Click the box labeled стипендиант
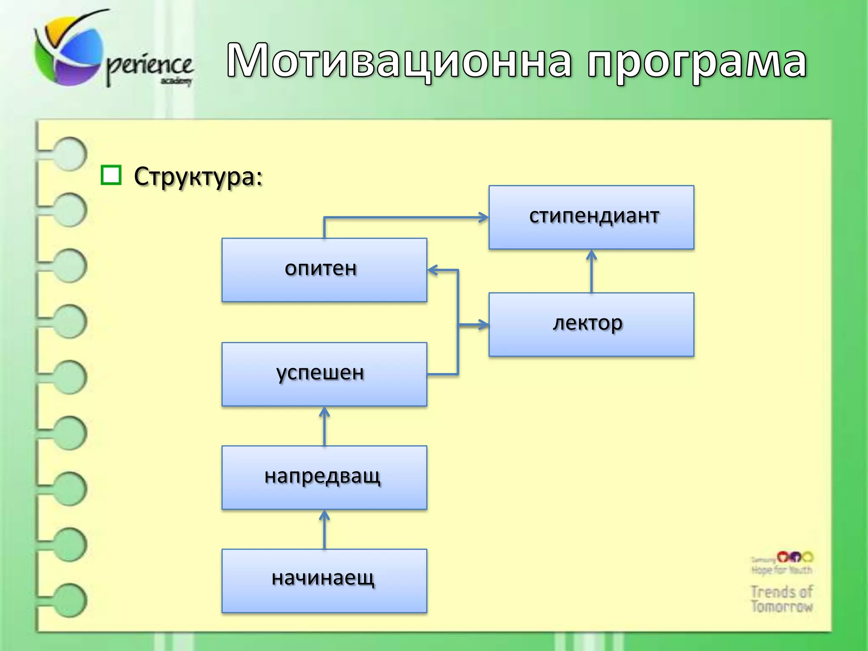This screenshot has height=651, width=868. pyautogui.click(x=591, y=217)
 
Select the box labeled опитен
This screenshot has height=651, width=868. pyautogui.click(x=324, y=270)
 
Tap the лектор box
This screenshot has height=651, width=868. pyautogui.click(x=591, y=324)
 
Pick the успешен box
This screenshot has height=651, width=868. pyautogui.click(x=324, y=374)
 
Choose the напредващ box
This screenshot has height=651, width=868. pyautogui.click(x=324, y=477)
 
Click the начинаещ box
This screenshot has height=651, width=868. pyautogui.click(x=324, y=581)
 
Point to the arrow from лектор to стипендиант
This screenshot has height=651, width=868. pyautogui.click(x=592, y=271)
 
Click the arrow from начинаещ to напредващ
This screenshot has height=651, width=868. pyautogui.click(x=324, y=530)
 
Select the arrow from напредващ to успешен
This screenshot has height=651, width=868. pyautogui.click(x=324, y=426)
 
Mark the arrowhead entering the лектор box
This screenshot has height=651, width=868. pyautogui.click(x=482, y=325)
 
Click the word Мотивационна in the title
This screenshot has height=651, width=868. pyautogui.click(x=398, y=61)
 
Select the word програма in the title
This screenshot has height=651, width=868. pyautogui.click(x=697, y=64)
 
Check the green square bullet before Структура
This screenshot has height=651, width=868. pyautogui.click(x=111, y=175)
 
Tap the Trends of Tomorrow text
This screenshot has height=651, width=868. pyautogui.click(x=782, y=598)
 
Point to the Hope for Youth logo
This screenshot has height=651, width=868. pyautogui.click(x=782, y=564)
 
